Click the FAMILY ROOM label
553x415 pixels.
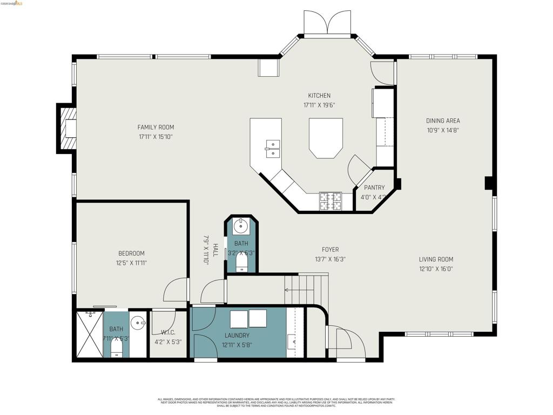[156, 128]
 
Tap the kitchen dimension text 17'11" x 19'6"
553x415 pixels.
[319, 105]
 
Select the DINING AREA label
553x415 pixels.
[443, 121]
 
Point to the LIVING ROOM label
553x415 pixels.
[436, 259]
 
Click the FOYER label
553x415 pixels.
[330, 250]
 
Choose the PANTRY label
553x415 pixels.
[374, 188]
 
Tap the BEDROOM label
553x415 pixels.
[131, 253]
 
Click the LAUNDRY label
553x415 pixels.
[237, 336]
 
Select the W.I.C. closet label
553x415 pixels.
[168, 332]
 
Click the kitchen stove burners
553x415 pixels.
[330, 201]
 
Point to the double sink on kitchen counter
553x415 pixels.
[273, 148]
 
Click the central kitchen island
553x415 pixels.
[326, 137]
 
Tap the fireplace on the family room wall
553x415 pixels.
[68, 129]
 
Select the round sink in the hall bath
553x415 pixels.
[240, 226]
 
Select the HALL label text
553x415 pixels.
[215, 250]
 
